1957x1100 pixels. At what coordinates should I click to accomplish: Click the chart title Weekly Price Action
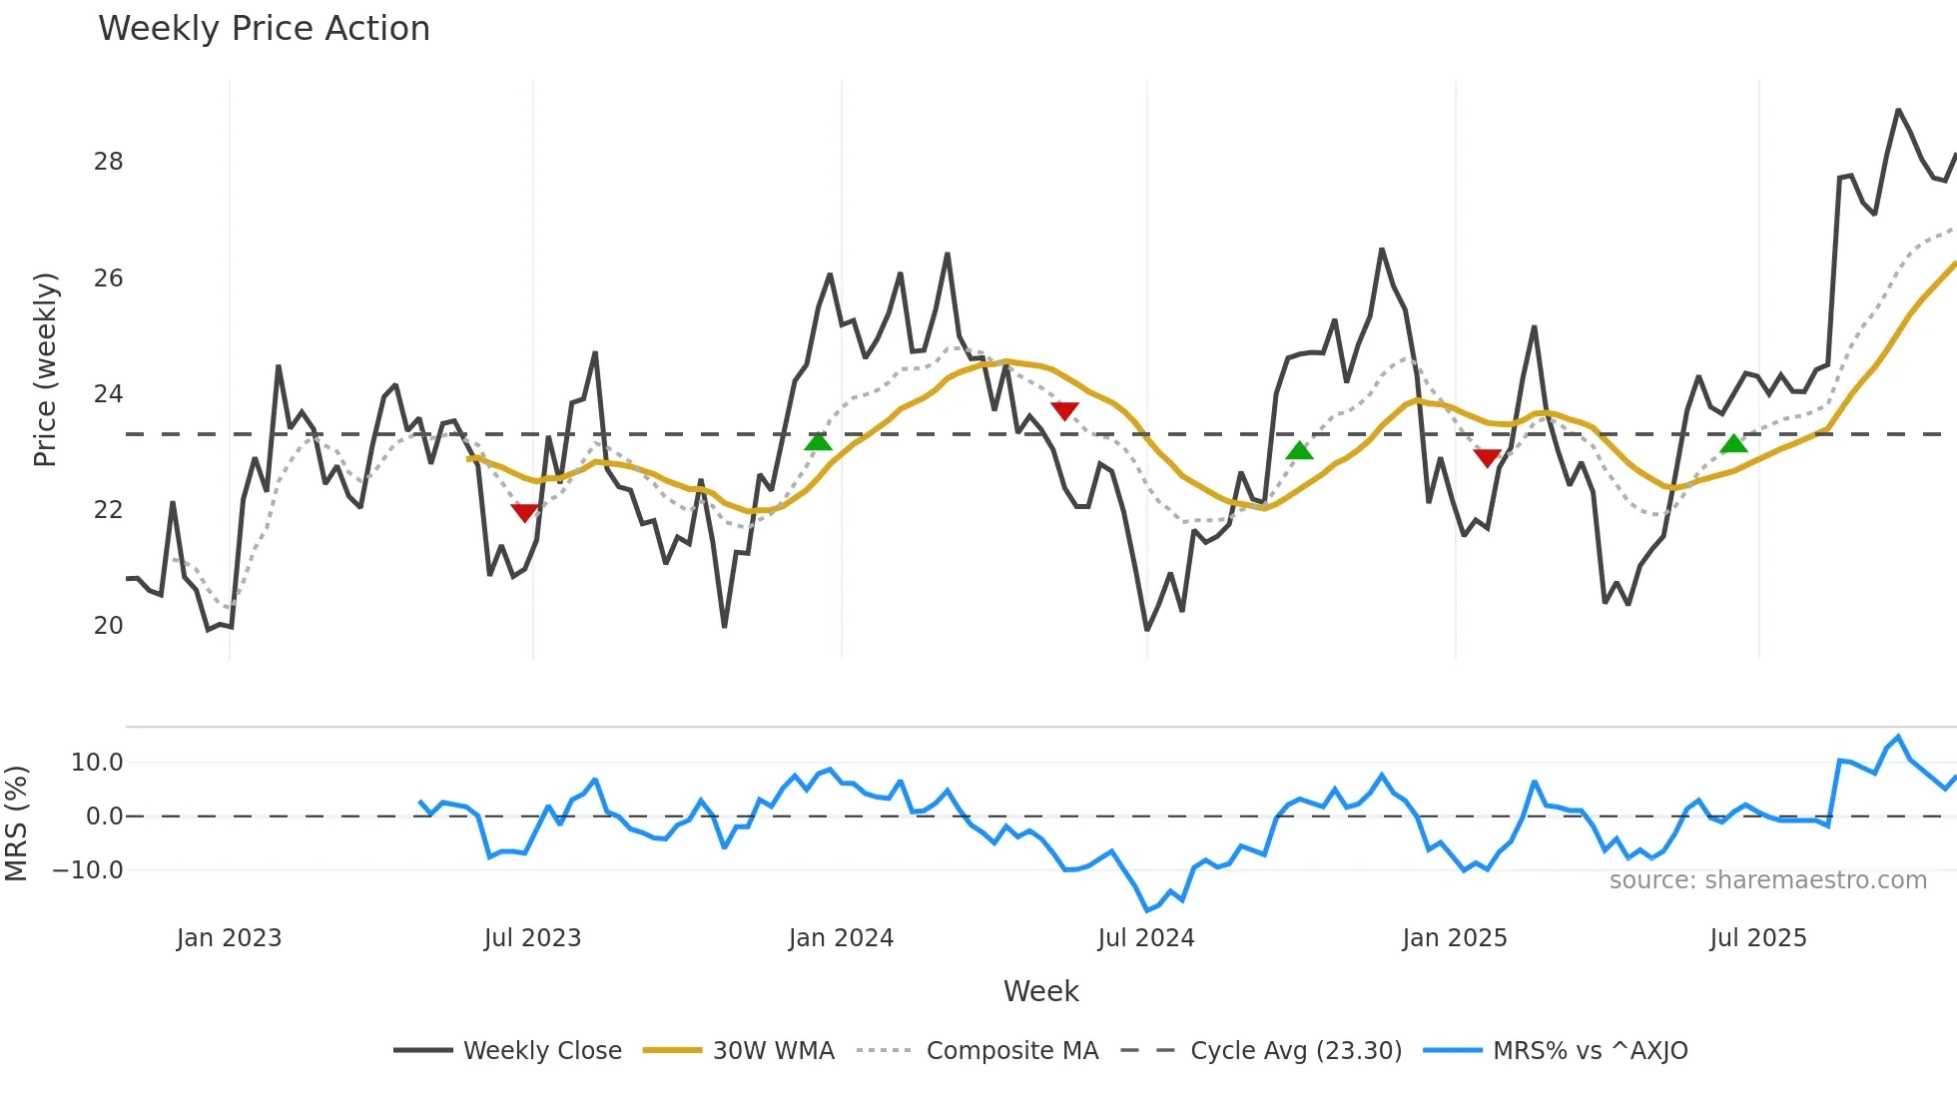264,29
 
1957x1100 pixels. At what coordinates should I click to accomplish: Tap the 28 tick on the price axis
108,162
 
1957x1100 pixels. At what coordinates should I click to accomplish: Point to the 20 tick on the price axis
108,626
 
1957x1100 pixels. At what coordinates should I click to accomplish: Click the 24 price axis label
108,394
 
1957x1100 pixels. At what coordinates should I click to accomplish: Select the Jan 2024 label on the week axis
841,938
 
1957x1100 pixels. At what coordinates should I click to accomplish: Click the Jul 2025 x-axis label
1757,938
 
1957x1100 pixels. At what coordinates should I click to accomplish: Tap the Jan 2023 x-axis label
229,938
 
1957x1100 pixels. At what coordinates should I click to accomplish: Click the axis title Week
1040,991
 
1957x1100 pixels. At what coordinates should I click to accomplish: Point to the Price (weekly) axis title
45,369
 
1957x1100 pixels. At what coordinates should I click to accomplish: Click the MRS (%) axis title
17,823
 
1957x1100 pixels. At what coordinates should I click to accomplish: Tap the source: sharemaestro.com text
1767,880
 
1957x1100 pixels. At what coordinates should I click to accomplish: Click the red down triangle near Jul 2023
524,512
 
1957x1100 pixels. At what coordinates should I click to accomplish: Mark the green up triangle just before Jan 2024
818,442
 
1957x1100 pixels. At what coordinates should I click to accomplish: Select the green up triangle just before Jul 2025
1734,444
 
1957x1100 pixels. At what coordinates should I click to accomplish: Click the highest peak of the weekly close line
1898,111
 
